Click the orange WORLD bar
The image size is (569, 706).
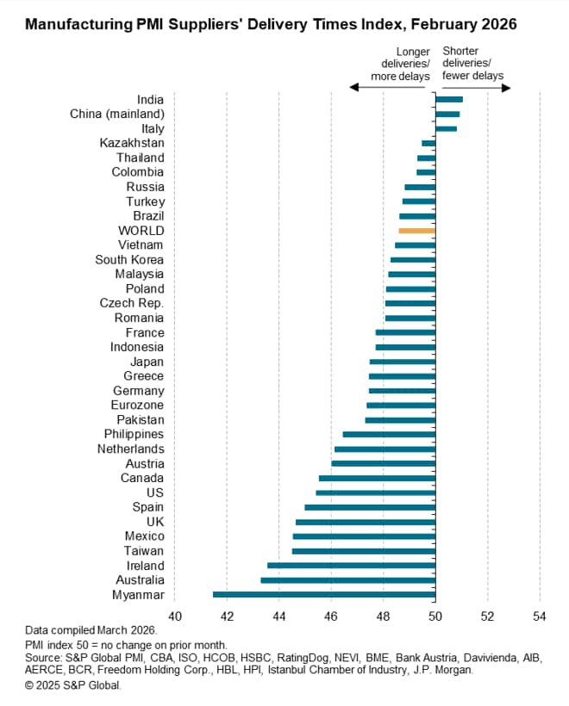pyautogui.click(x=416, y=231)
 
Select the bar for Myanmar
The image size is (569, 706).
pyautogui.click(x=323, y=594)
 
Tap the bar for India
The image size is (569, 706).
pyautogui.click(x=448, y=100)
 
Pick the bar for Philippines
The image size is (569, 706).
pyautogui.click(x=389, y=434)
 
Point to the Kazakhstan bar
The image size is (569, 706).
pyautogui.click(x=428, y=143)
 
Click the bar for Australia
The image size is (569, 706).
pyautogui.click(x=347, y=580)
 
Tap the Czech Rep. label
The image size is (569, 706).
pyautogui.click(x=132, y=303)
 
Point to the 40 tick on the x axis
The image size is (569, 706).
pyautogui.click(x=175, y=616)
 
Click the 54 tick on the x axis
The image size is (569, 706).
pyautogui.click(x=540, y=616)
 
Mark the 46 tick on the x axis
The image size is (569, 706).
pyautogui.click(x=332, y=616)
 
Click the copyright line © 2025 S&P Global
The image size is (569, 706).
pyautogui.click(x=73, y=685)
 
